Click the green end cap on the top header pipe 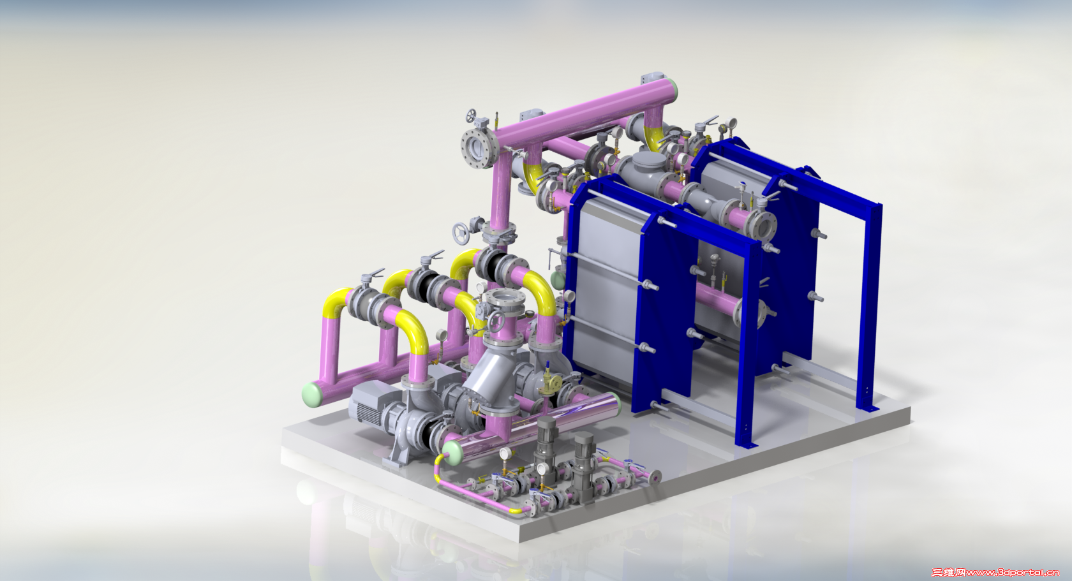click(673, 89)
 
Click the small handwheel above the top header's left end click(472, 115)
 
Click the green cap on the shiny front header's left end click(451, 452)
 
